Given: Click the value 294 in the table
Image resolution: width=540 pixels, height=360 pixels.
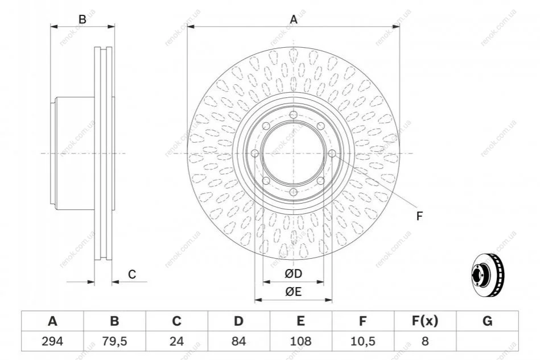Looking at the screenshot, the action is coord(52,341).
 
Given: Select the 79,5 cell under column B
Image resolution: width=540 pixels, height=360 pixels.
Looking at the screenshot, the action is coord(114,341).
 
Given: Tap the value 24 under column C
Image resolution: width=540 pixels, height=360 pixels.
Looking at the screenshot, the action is coord(176,341).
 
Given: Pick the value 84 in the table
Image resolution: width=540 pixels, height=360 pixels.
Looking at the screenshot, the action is coord(238,341).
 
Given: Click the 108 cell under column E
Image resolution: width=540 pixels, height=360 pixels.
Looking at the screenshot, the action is coord(300,341).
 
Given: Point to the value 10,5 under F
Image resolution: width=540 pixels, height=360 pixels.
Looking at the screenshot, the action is coord(362,341).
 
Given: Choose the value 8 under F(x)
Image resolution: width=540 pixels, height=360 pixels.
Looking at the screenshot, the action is coord(425,341).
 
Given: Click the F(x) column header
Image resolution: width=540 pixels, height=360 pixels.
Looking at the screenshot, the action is coord(425,321).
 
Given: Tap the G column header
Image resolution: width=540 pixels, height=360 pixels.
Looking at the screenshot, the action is coord(487,321).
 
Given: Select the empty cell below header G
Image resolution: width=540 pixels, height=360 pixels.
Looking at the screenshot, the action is coord(487,341).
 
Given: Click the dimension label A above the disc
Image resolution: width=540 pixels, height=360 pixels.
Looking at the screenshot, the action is coord(294,19).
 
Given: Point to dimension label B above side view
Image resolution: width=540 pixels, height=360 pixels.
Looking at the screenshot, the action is coord(83,19).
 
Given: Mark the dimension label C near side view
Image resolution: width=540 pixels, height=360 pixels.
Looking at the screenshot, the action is coord(132,274).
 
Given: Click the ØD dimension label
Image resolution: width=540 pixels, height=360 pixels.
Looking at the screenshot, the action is coord(294,274).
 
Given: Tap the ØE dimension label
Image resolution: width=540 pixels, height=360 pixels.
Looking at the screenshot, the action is coord(294,292).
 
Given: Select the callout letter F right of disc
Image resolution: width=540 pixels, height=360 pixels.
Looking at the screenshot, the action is coord(419,216).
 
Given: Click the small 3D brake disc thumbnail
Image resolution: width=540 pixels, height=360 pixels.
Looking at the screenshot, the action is coord(487,276).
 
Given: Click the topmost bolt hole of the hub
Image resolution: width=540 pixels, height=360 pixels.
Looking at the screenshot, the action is coord(294,115).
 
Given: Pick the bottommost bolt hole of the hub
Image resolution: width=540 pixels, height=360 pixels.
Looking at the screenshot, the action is coord(294,192).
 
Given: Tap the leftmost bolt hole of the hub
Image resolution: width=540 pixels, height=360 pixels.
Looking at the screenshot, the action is coord(255,154).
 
